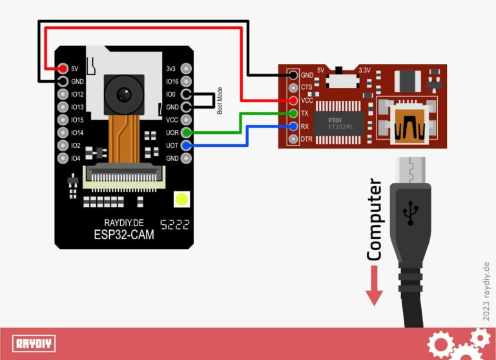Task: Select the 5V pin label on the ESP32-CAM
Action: click(75, 69)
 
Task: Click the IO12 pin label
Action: click(77, 94)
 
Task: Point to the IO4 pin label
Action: click(76, 158)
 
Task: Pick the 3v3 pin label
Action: click(170, 69)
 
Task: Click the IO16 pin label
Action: click(171, 81)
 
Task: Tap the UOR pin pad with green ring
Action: click(187, 132)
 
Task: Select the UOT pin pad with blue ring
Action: click(187, 145)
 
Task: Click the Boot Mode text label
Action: click(220, 101)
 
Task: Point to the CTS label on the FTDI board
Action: click(307, 87)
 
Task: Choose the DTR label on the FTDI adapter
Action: click(307, 139)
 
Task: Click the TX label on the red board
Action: click(305, 113)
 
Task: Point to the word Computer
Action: click(374, 220)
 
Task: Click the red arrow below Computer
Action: click(374, 288)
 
